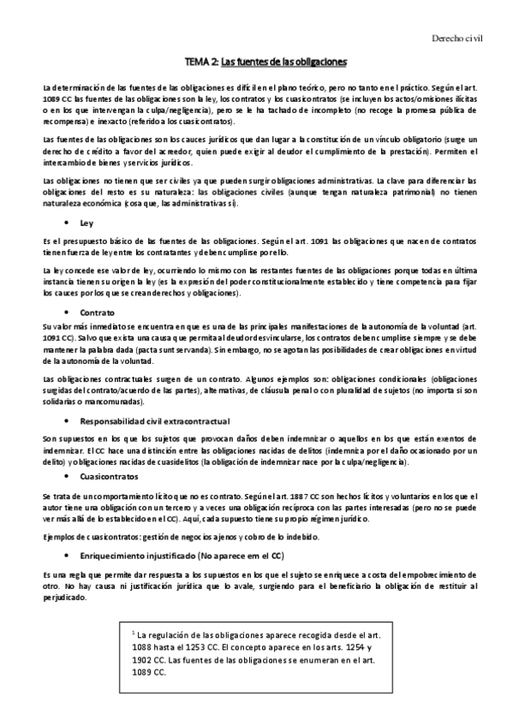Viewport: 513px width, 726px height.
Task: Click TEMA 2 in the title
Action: (x=200, y=62)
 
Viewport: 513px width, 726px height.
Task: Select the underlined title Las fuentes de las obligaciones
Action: (x=283, y=62)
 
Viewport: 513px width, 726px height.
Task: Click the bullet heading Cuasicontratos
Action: (x=108, y=475)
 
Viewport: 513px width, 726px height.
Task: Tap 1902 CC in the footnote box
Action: (x=149, y=662)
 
